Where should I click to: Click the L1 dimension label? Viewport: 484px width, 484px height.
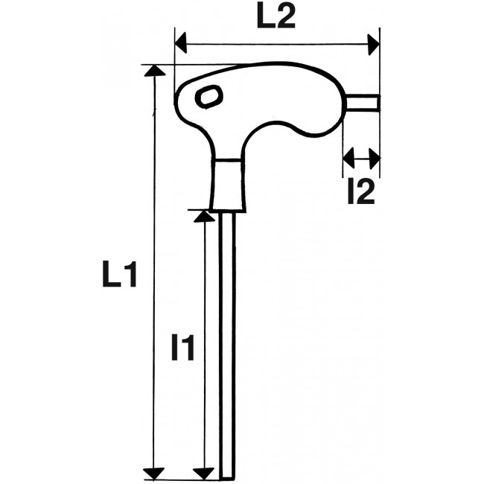tap(119, 276)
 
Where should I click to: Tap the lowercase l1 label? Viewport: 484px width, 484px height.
tap(183, 347)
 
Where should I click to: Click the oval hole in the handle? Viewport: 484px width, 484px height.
tap(209, 96)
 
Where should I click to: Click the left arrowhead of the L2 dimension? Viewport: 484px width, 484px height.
tap(181, 44)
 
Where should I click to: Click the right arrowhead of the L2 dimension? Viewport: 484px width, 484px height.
tap(373, 44)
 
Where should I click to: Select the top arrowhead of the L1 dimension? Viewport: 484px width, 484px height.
tap(153, 70)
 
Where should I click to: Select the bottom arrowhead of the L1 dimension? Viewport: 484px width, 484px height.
tap(153, 473)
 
